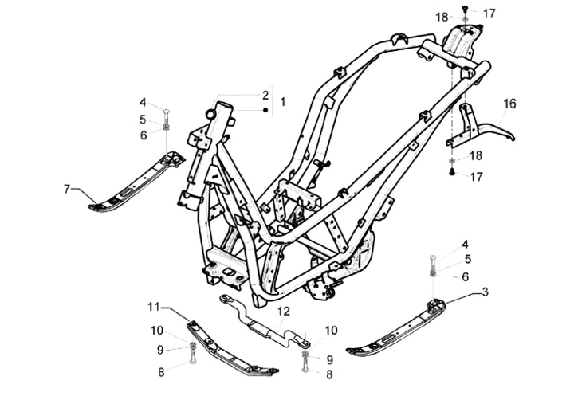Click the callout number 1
[x=282, y=103]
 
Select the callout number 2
[x=265, y=95]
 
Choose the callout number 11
[x=154, y=305]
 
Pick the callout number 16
[x=509, y=103]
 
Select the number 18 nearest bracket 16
[x=475, y=155]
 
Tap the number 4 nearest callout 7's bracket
[x=143, y=102]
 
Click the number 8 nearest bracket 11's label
[x=162, y=371]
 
